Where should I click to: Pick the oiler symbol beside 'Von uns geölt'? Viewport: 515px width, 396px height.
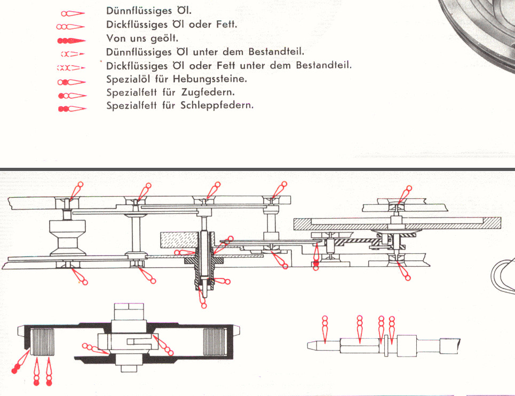(x=71, y=40)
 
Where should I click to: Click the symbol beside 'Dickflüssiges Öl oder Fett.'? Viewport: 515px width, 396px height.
(x=71, y=26)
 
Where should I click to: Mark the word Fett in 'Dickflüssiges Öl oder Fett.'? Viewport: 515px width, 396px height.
(x=226, y=25)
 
